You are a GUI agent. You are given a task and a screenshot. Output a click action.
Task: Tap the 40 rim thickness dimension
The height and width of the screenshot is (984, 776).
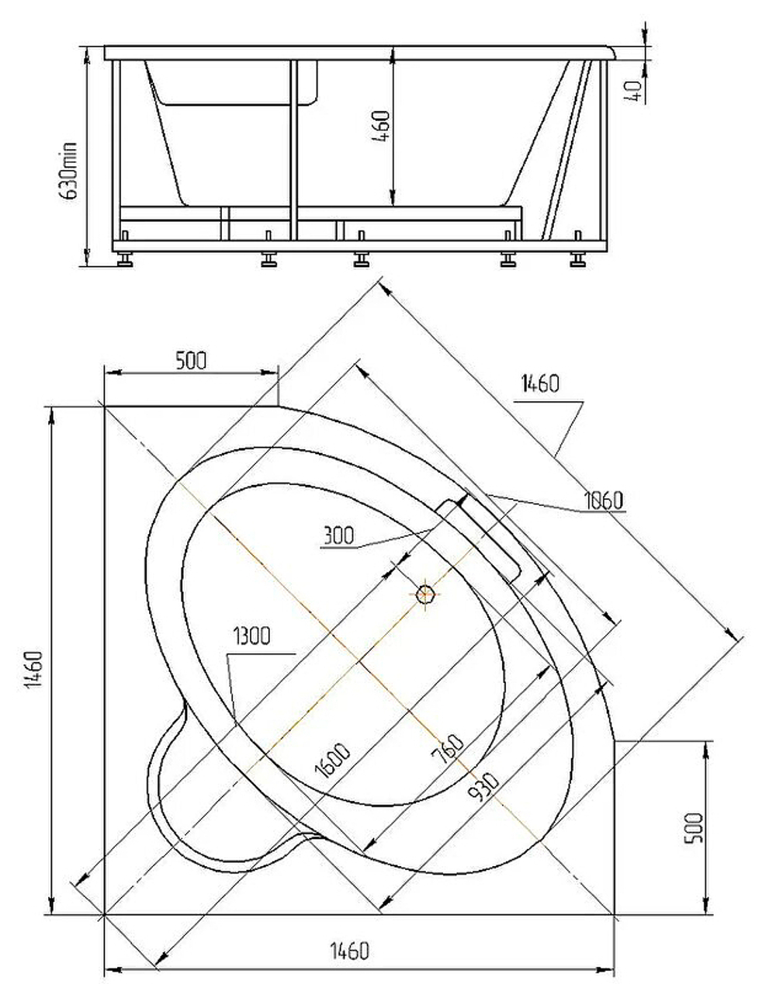click(634, 92)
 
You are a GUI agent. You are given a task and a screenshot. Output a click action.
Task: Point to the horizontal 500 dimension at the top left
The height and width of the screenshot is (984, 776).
click(191, 361)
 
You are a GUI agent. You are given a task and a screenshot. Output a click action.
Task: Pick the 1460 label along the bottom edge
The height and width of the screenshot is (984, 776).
click(350, 950)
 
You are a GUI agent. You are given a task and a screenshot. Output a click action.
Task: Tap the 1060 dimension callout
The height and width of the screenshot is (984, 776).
click(603, 501)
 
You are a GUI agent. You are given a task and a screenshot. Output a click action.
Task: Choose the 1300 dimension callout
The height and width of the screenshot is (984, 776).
click(251, 637)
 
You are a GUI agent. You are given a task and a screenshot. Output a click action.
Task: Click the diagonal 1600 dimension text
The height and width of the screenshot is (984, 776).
click(333, 761)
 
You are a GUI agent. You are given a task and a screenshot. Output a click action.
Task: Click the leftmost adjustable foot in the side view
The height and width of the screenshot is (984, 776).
click(124, 258)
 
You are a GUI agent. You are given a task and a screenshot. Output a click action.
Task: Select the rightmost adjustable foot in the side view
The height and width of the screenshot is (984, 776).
click(577, 258)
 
